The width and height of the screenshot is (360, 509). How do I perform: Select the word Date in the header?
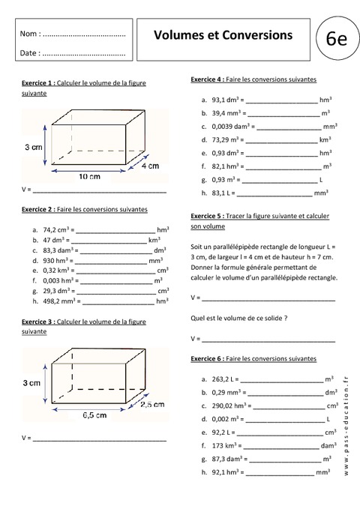29,53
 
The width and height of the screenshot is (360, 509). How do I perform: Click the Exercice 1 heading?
37,82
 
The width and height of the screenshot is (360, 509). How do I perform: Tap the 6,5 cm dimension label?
91,413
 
